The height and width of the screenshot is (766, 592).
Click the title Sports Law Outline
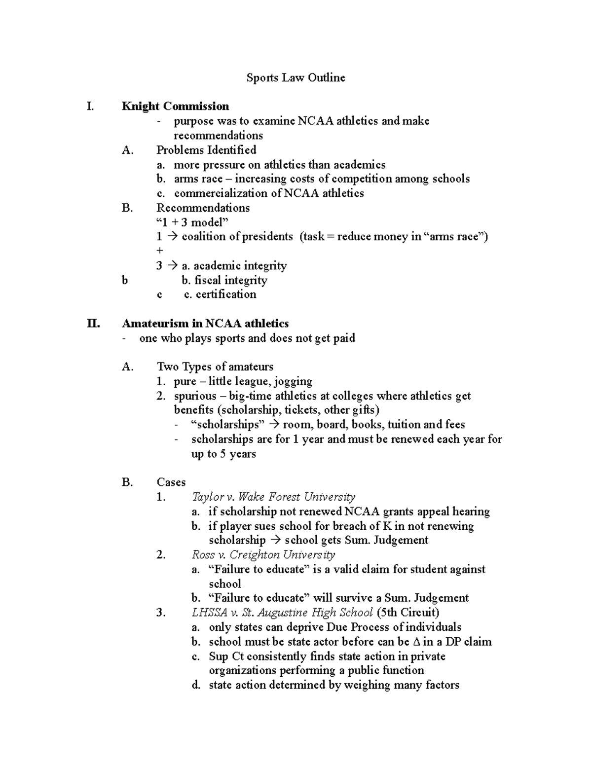pyautogui.click(x=296, y=77)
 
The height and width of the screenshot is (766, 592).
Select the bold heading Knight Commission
pyautogui.click(x=175, y=106)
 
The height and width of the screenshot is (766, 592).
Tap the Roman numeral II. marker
pyautogui.click(x=92, y=324)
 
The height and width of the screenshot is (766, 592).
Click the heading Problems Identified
pyautogui.click(x=206, y=150)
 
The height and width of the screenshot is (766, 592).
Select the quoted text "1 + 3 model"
pyautogui.click(x=192, y=222)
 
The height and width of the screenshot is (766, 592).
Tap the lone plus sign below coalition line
pyautogui.click(x=159, y=251)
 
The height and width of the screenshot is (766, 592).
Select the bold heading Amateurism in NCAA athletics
pyautogui.click(x=205, y=324)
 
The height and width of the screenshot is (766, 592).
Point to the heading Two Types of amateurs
pyautogui.click(x=215, y=367)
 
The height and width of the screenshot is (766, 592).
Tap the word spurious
pyautogui.click(x=195, y=396)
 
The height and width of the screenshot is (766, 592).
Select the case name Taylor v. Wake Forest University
pyautogui.click(x=273, y=497)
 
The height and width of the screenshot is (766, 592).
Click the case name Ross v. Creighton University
pyautogui.click(x=263, y=555)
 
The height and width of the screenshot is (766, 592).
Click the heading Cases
pyautogui.click(x=171, y=482)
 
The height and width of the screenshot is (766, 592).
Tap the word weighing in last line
pyautogui.click(x=365, y=685)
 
